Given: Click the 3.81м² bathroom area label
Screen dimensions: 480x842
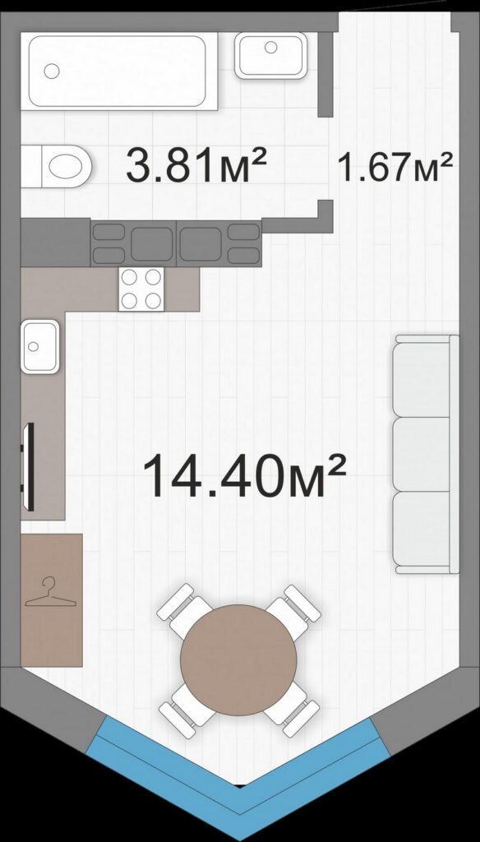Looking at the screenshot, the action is (196, 165).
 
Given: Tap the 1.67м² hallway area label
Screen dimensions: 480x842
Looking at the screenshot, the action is (395, 166).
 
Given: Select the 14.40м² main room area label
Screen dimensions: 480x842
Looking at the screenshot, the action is (244, 474).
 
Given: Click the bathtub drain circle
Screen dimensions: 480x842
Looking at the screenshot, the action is (52, 71).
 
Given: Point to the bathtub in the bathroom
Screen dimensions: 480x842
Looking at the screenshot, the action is (118, 72).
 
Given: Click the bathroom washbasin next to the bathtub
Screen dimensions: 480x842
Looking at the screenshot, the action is (271, 55).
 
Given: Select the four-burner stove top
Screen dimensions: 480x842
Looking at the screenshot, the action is (141, 289).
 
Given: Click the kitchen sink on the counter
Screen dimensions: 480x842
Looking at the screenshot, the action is (40, 346).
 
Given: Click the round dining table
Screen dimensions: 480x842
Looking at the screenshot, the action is (238, 660).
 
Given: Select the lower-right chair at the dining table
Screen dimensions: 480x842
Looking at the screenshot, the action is (292, 709).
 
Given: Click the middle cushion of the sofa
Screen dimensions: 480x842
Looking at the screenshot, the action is (422, 454).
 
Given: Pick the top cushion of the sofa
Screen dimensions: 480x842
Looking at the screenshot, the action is (422, 380).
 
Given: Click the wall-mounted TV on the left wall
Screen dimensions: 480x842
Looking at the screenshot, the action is (30, 467).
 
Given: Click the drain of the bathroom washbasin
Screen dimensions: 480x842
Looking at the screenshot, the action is (271, 47).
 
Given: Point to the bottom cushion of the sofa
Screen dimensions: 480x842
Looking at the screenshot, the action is (422, 529).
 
